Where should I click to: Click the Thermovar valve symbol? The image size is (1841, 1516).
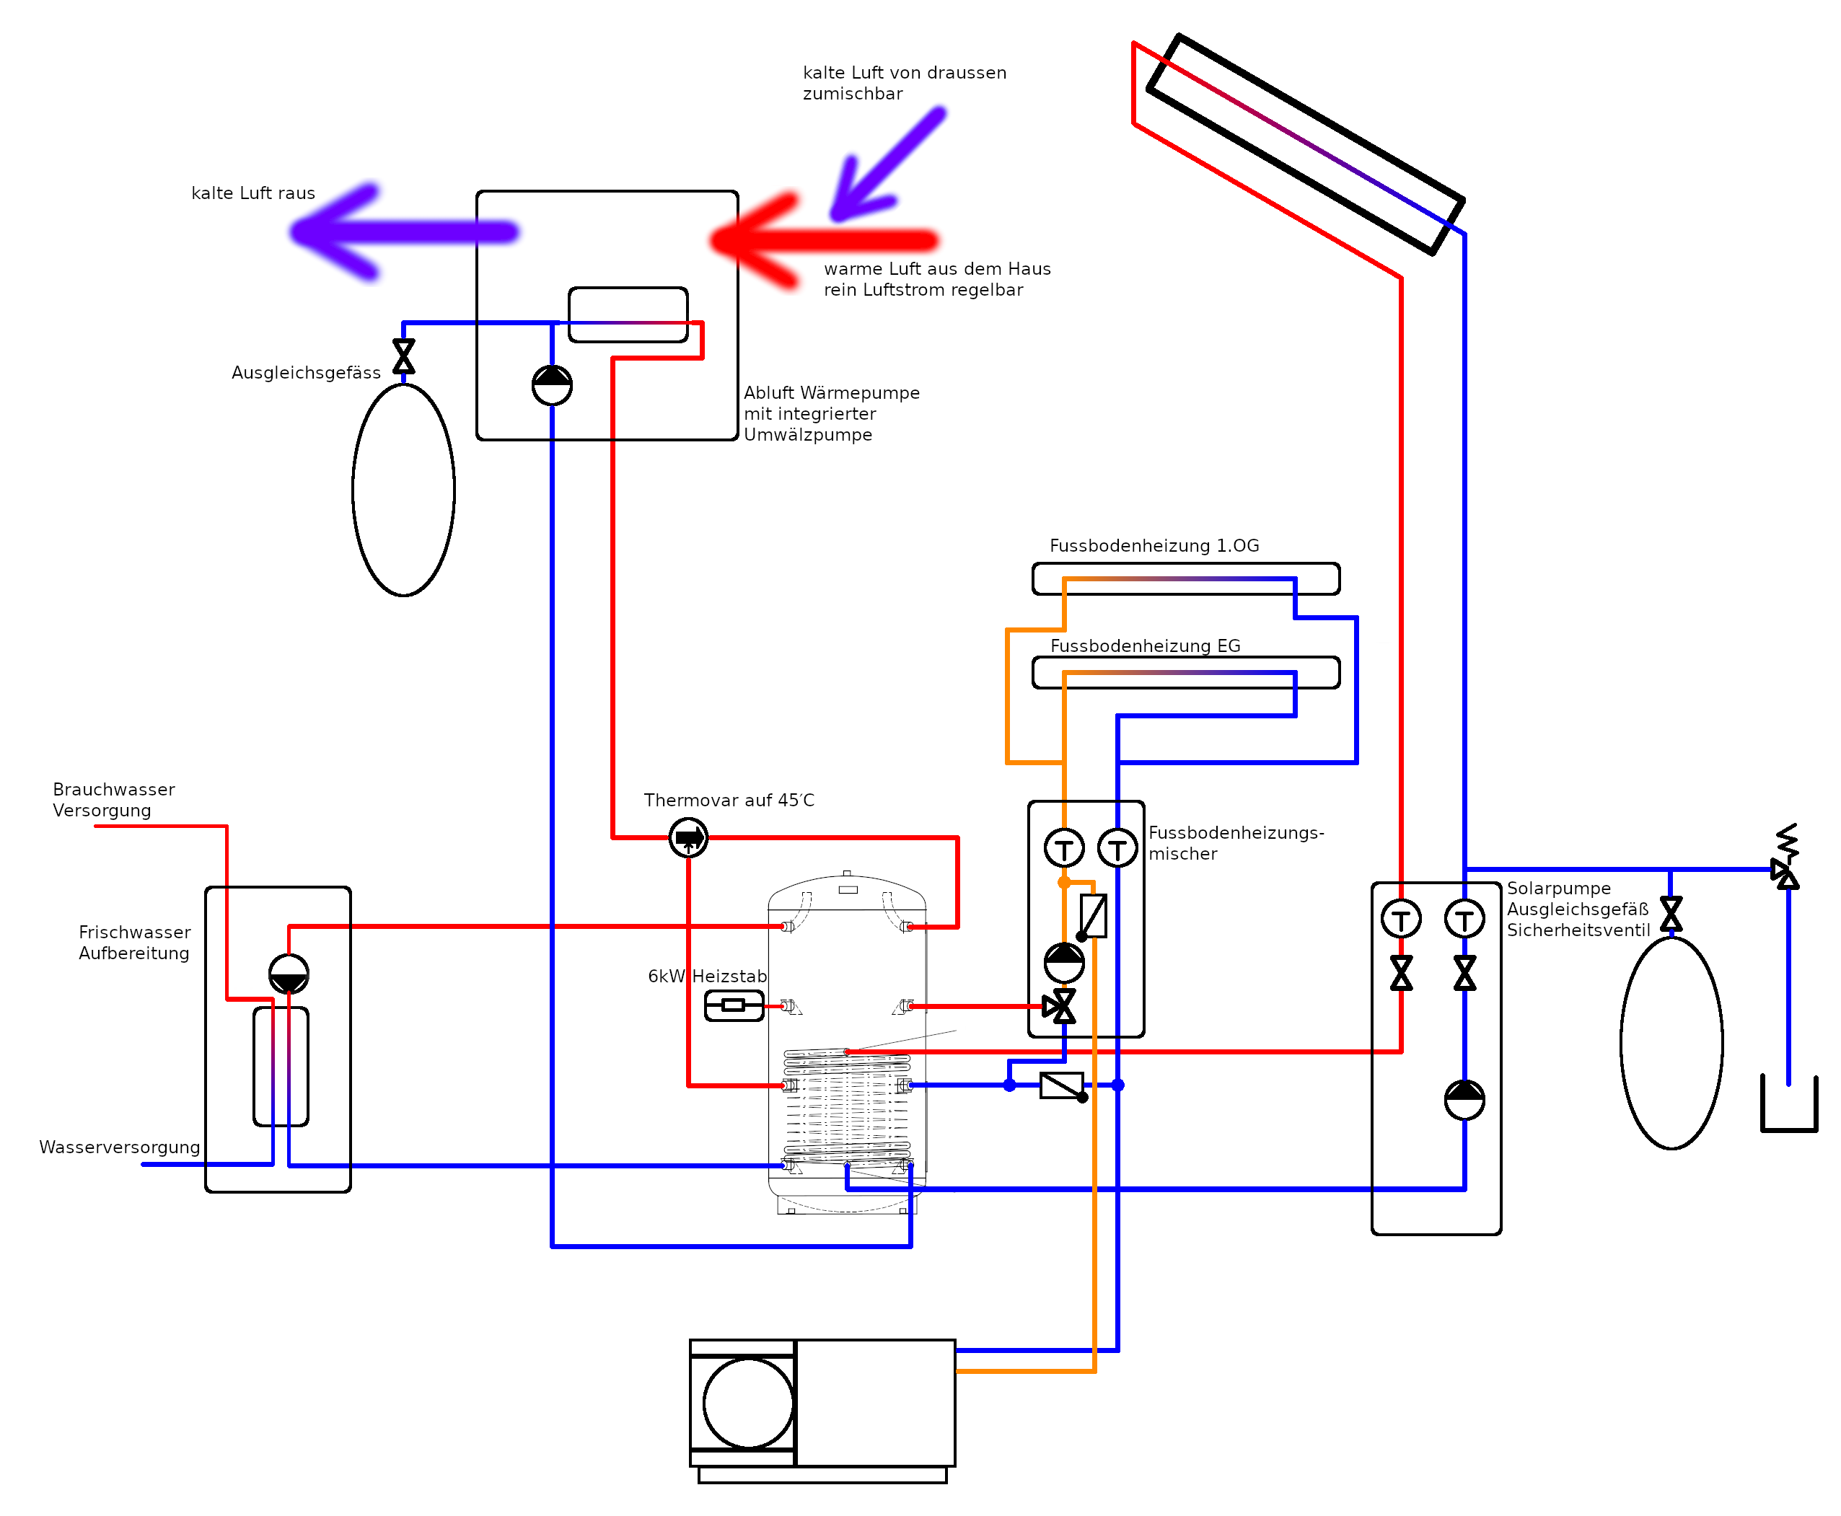pyautogui.click(x=688, y=838)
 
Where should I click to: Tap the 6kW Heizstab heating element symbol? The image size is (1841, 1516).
pyautogui.click(x=734, y=1006)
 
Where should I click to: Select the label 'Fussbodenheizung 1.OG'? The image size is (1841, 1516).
pyautogui.click(x=1154, y=546)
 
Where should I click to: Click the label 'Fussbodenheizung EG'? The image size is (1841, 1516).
pyautogui.click(x=1145, y=646)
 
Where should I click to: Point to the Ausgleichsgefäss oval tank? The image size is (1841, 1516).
pyautogui.click(x=403, y=490)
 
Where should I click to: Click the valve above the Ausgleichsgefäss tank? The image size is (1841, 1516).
pyautogui.click(x=403, y=356)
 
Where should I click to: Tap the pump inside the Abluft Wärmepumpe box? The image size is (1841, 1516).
pyautogui.click(x=552, y=385)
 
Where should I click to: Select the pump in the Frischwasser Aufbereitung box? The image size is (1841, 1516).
pyautogui.click(x=289, y=974)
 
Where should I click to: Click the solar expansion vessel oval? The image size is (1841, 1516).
pyautogui.click(x=1671, y=1043)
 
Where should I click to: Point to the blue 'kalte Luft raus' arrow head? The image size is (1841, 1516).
pyautogui.click(x=336, y=232)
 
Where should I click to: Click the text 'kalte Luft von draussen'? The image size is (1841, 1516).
pyautogui.click(x=905, y=72)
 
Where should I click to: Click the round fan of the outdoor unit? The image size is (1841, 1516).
pyautogui.click(x=749, y=1403)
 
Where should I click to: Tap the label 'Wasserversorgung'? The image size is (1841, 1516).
pyautogui.click(x=120, y=1147)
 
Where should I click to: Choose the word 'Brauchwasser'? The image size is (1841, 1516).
pyautogui.click(x=113, y=790)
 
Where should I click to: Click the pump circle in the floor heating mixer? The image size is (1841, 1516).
pyautogui.click(x=1064, y=962)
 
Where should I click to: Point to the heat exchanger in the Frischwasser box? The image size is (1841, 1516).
pyautogui.click(x=281, y=1066)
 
